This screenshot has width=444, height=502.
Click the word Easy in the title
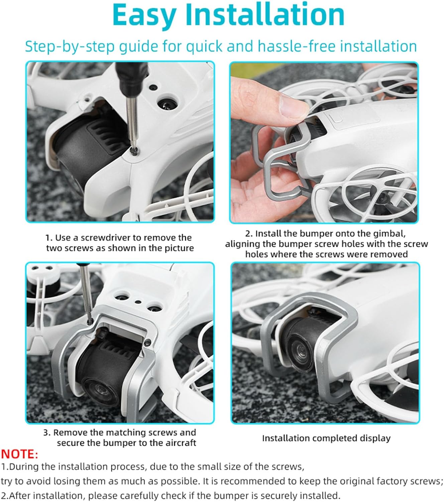144,15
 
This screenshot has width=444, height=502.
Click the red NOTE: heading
19,454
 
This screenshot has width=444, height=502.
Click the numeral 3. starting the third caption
47,433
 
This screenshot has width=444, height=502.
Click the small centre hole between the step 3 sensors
138,302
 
